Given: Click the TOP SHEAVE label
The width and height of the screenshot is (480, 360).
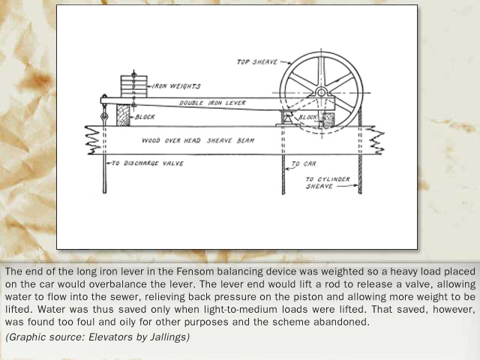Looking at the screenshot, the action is pos(257,62).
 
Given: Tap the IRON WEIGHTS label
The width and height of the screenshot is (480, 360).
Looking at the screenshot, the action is pos(176,86).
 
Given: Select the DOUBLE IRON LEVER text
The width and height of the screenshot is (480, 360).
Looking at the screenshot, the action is pos(212,103).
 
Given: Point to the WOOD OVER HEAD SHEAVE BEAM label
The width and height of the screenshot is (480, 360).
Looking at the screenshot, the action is pos(198,140).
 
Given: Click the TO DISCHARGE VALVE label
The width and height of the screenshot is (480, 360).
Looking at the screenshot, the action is pos(148,163).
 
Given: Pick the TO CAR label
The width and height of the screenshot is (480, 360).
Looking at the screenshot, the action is pos(304,164).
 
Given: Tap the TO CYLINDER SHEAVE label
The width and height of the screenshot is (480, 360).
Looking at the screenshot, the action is pos(328,183).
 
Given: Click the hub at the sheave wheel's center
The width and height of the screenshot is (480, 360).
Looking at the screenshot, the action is pos(321,92).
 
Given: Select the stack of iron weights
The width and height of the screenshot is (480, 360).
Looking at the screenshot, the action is pos(133,87).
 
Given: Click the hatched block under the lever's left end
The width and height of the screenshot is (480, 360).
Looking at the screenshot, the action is pos(123,115).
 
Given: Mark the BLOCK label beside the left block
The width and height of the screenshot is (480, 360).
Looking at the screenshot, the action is pos(145,117).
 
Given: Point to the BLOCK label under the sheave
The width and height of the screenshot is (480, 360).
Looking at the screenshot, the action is pos(308,117).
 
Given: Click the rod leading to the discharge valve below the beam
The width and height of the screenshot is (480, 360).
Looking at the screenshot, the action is pos(105,174).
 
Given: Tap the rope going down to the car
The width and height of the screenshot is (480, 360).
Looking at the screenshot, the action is pos(283,175).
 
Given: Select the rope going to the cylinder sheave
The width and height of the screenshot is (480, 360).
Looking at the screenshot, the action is pos(360,174).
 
